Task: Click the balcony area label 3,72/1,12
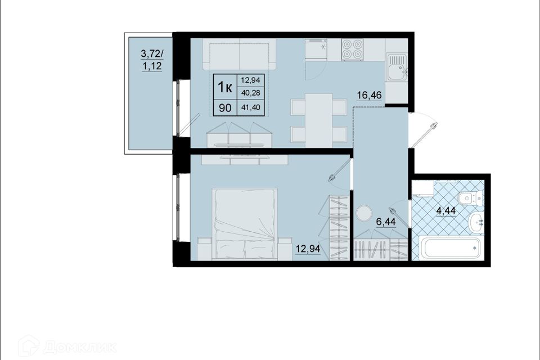[x=152, y=60]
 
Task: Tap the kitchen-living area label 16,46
[x=369, y=94]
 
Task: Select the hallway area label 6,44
[x=386, y=222]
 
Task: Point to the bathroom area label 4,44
[x=446, y=210]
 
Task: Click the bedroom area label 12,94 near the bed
[x=308, y=249]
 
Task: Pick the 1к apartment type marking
[x=224, y=87]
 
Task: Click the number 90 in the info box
[x=225, y=108]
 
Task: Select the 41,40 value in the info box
[x=250, y=107]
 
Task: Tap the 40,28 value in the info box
[x=250, y=93]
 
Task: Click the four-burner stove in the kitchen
[x=352, y=49]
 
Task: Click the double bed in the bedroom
[x=245, y=224]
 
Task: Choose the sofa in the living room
[x=240, y=55]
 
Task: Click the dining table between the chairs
[x=319, y=120]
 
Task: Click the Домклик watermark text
[x=79, y=347]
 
